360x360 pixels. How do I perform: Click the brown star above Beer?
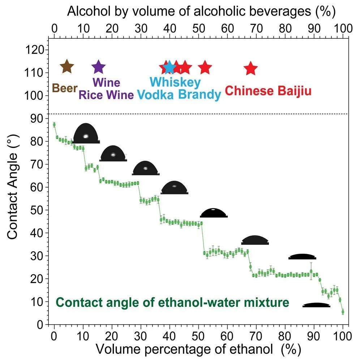(x=67, y=67)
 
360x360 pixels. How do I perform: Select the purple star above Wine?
(x=98, y=67)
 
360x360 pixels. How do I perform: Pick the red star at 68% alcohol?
(x=250, y=68)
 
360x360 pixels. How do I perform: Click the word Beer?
(x=65, y=88)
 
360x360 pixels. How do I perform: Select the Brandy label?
(x=200, y=95)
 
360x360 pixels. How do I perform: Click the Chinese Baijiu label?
(x=268, y=91)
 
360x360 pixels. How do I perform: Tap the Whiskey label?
(x=175, y=82)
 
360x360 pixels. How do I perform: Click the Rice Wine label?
(x=106, y=95)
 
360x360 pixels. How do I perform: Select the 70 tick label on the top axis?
(x=256, y=28)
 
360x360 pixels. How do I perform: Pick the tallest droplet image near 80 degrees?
(x=86, y=134)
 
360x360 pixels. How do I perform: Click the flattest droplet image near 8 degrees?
(x=317, y=305)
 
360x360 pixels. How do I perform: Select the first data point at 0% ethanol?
(x=54, y=125)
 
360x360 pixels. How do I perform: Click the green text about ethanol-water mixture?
(x=172, y=302)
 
